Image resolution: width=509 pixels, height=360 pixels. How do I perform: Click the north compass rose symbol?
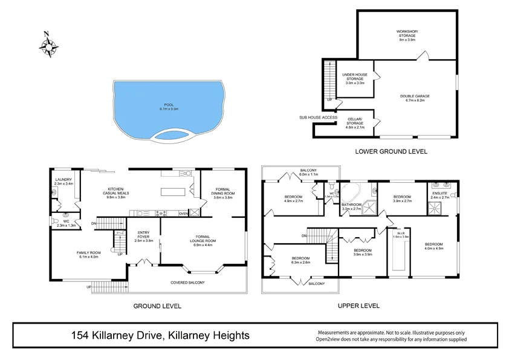48,45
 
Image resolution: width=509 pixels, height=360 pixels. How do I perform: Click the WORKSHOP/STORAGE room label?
406,34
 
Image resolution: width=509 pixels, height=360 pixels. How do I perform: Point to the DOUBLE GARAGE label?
415,98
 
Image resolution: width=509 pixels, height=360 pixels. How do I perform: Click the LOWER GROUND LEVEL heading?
391,151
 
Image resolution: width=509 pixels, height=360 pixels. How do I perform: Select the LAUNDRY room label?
63,181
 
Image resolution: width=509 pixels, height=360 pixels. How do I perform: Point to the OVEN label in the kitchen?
183,213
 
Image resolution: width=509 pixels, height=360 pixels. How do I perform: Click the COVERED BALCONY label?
188,283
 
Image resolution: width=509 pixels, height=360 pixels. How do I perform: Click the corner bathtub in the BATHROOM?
350,193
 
